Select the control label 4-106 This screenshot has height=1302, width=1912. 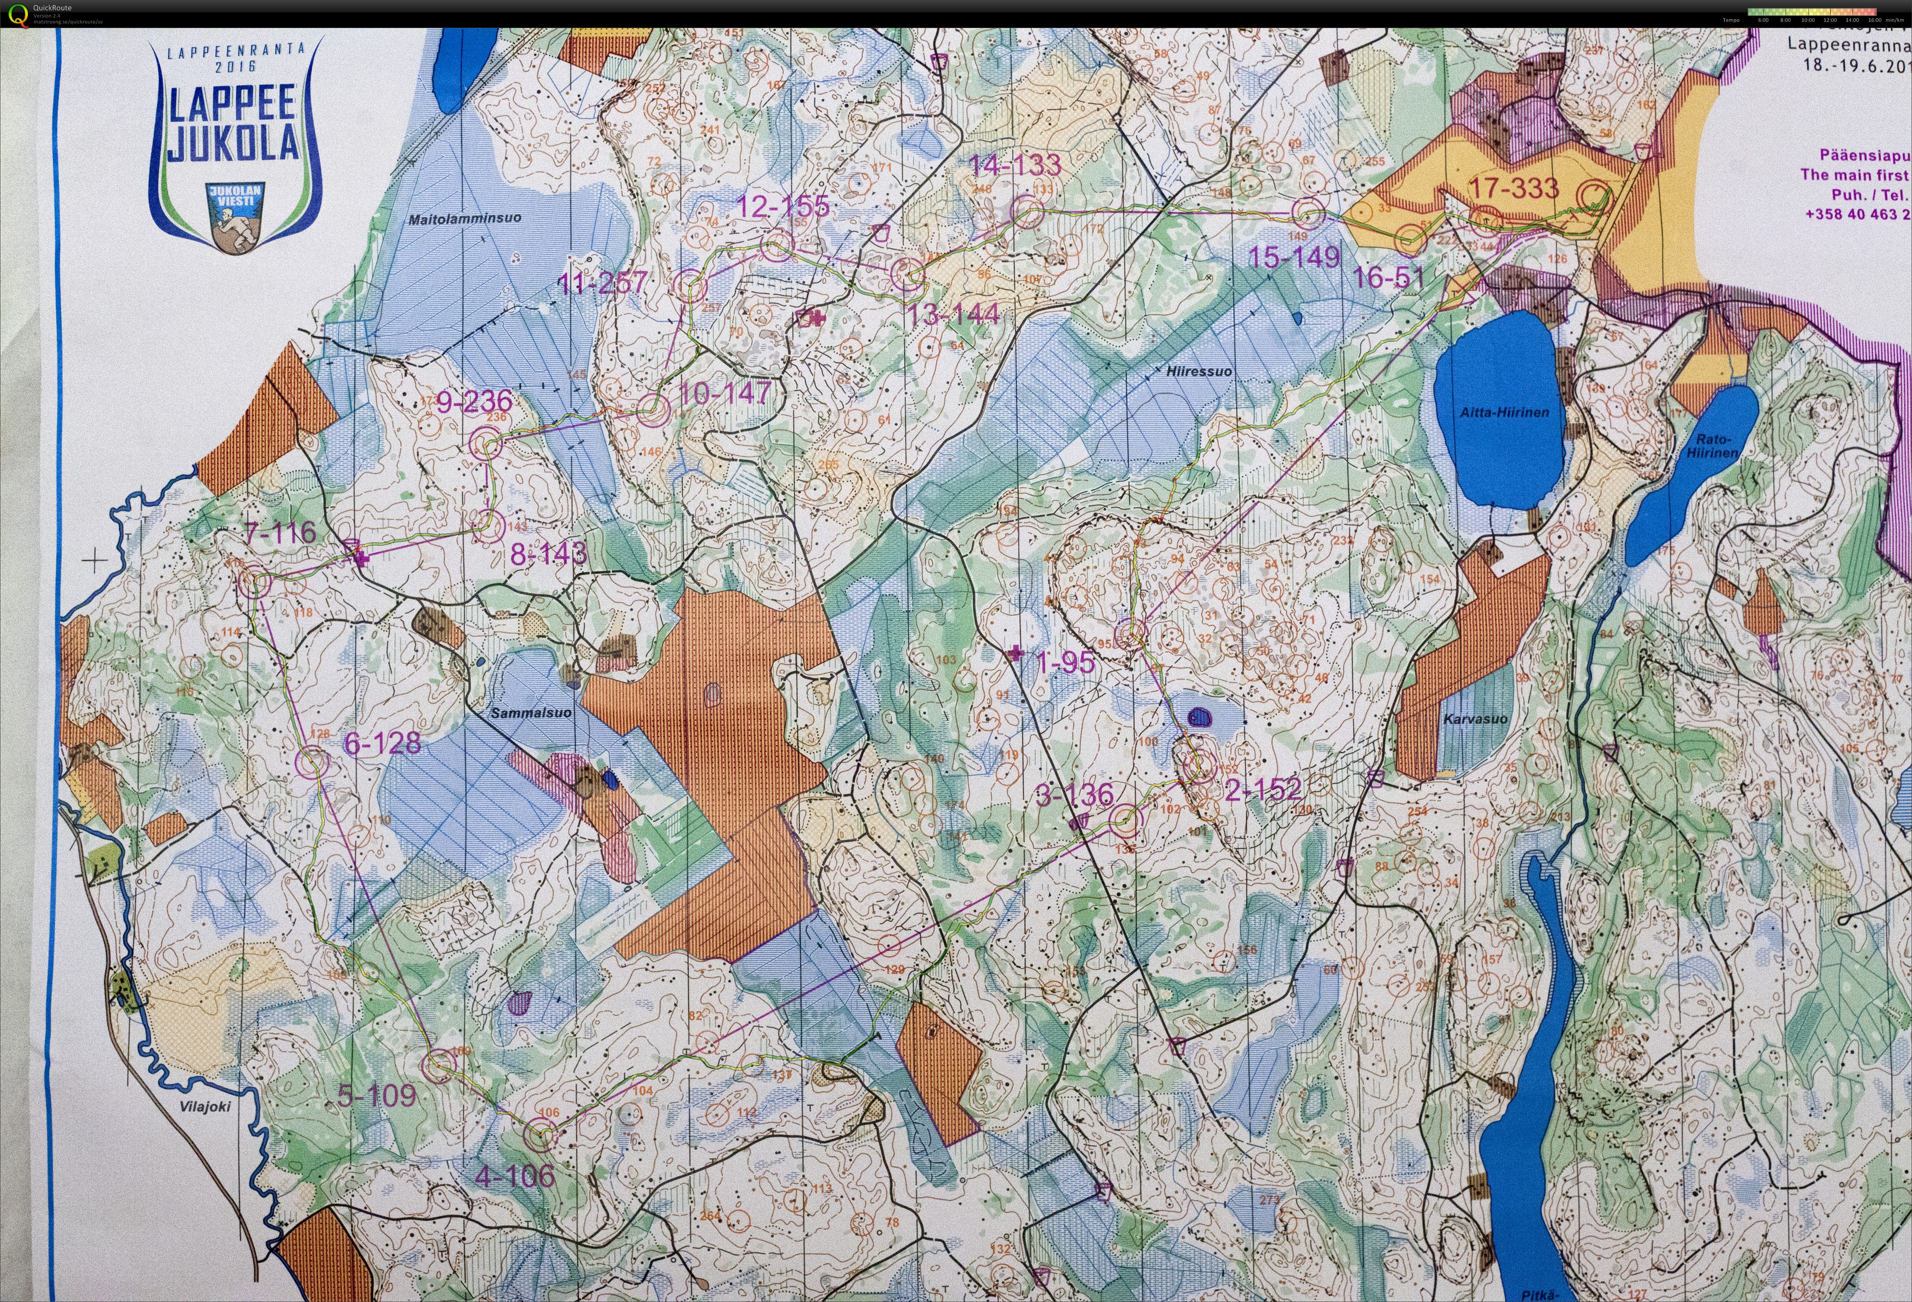point(515,1176)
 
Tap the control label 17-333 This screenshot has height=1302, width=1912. point(1514,188)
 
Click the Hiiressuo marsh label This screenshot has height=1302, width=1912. point(1199,371)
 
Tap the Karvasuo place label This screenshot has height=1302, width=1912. point(1475,719)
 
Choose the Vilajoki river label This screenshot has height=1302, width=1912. point(205,1106)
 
